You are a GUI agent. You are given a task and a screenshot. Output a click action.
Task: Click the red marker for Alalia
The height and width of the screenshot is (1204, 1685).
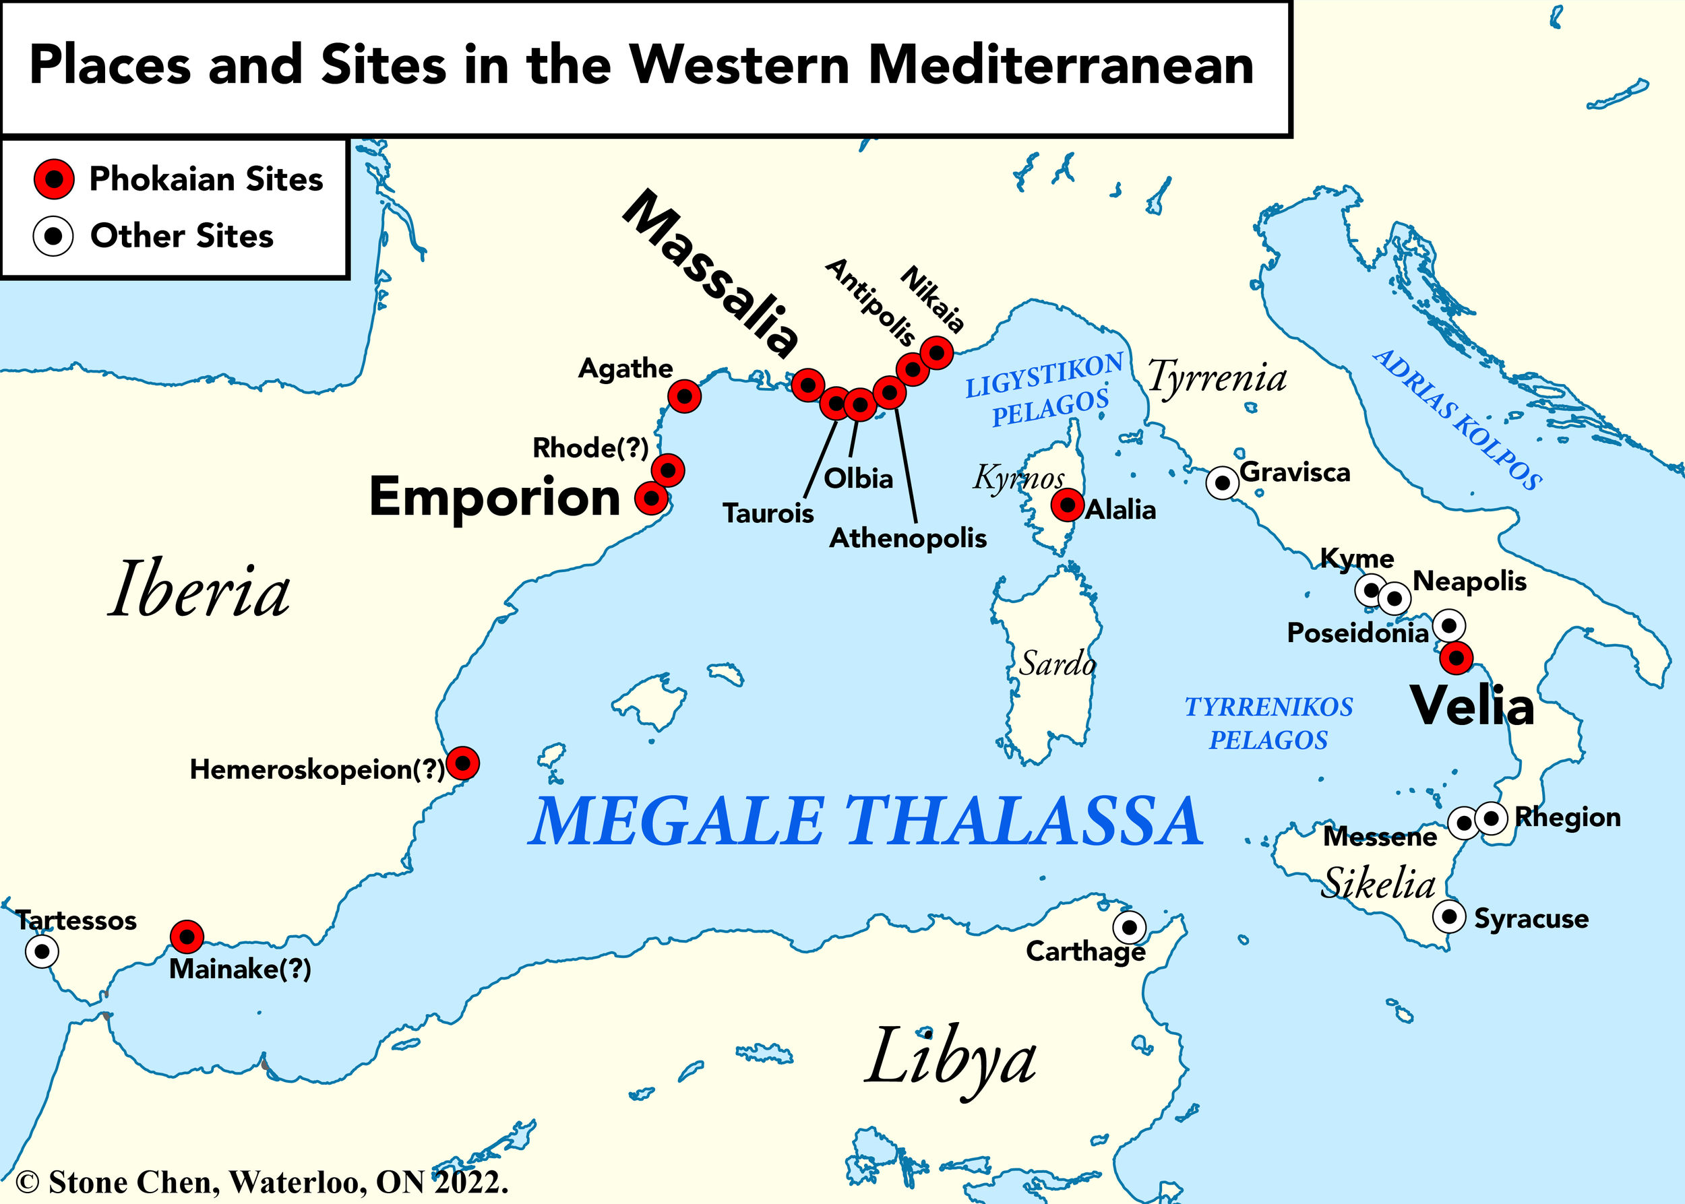tap(1067, 505)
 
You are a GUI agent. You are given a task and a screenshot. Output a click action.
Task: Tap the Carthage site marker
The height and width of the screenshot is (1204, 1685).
tap(1129, 926)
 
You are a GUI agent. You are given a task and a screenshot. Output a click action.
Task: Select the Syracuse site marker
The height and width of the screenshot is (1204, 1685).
tap(1448, 916)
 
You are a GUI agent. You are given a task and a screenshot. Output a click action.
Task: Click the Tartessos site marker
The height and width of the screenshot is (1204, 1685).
tap(42, 951)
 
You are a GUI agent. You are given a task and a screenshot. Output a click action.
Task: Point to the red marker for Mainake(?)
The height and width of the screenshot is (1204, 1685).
tap(187, 937)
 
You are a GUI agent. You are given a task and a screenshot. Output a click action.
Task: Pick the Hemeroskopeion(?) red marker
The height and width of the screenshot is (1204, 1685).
tap(463, 762)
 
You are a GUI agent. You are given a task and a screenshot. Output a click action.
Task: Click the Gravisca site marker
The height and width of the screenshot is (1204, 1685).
tap(1221, 483)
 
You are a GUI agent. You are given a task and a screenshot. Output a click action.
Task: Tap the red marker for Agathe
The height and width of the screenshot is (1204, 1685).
tap(684, 397)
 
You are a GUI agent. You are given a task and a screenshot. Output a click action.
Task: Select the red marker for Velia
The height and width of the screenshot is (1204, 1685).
tap(1456, 658)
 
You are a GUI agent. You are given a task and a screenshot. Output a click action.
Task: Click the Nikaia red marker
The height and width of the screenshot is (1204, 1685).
tap(936, 352)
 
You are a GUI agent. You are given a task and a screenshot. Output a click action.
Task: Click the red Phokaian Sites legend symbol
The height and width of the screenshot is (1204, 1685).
tap(54, 179)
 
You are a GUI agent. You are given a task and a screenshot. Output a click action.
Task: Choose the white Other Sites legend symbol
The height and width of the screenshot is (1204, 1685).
tap(53, 236)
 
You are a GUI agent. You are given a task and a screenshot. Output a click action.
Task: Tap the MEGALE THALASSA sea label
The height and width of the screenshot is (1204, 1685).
tap(865, 821)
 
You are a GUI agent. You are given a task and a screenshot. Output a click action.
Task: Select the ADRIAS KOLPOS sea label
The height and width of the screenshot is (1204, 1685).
tap(1458, 419)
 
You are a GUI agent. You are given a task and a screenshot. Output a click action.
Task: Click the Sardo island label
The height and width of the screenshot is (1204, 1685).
tap(1057, 663)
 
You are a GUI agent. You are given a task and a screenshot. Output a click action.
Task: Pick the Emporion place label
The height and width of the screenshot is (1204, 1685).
tap(495, 497)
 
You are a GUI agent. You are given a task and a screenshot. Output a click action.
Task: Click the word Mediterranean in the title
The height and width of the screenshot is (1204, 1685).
tap(1062, 65)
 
